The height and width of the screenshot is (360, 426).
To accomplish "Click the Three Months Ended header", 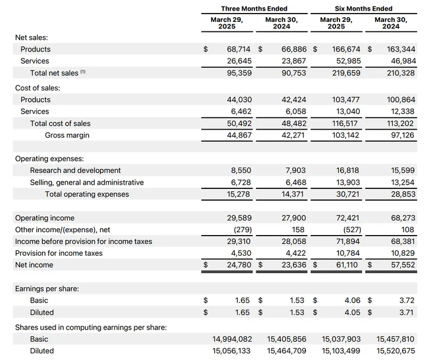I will click(254, 9).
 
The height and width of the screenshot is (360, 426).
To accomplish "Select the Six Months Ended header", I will click(363, 9).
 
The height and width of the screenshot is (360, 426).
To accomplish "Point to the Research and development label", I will click(75, 171).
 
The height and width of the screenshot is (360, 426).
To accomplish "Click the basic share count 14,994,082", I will click(233, 339).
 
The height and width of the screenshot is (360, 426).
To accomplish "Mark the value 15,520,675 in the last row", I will click(396, 351).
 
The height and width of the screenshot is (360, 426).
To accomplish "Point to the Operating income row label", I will click(45, 218).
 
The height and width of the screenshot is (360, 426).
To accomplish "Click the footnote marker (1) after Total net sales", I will click(83, 72).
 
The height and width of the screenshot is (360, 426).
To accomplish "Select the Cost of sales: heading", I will click(37, 88).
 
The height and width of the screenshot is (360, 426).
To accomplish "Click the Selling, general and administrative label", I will click(87, 182).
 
